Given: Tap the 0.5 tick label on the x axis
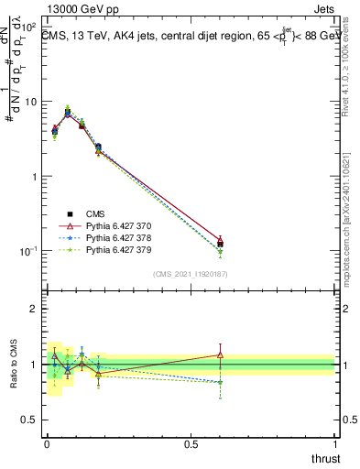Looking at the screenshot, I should coord(190,442).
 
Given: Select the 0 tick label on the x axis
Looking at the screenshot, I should coord(47,442).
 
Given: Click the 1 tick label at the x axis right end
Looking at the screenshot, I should coord(334,442).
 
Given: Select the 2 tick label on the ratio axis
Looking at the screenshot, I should coord(36,309).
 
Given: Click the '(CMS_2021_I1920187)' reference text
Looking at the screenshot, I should coord(190,274).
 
